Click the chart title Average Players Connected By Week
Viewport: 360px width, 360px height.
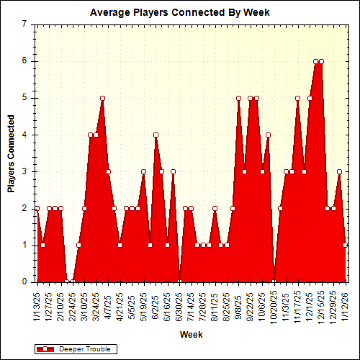(180, 12)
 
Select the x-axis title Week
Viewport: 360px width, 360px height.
(191, 335)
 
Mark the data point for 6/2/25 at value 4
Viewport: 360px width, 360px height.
(156, 135)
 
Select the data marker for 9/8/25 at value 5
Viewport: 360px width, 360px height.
(238, 98)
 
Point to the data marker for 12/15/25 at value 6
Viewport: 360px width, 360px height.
(322, 61)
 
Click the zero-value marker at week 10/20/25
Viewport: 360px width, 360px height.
(274, 282)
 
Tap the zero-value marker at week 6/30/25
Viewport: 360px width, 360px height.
(179, 282)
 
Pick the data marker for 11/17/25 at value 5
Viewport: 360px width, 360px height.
(298, 98)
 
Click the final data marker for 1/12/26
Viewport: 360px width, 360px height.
(346, 245)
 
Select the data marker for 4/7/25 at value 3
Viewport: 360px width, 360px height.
(108, 171)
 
